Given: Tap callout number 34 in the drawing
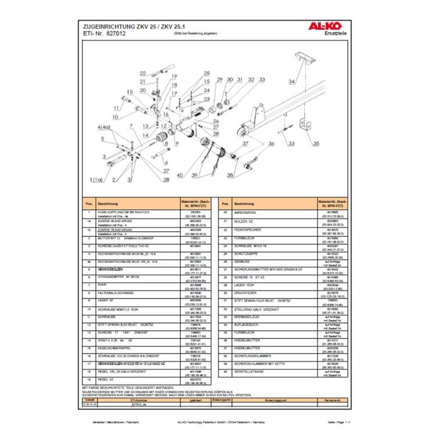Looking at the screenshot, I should coord(292,82).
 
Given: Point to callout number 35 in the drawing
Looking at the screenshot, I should coord(315,144).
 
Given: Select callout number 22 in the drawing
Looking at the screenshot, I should coord(142,73).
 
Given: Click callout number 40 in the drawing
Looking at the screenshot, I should coord(181,175).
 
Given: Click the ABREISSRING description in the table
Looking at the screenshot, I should coord(244,212).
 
